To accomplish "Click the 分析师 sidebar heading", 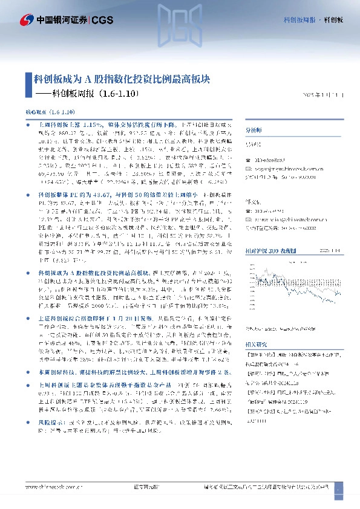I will click(252, 130).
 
